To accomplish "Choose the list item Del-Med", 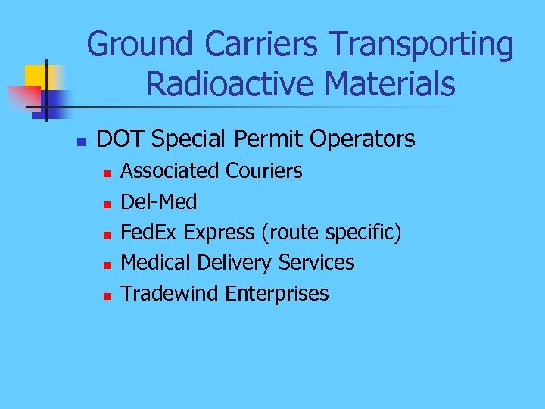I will tap(159, 202).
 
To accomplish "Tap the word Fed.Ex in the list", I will tap(149, 233).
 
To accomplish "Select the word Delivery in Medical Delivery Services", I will tap(234, 263).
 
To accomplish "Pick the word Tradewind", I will tap(170, 293).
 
